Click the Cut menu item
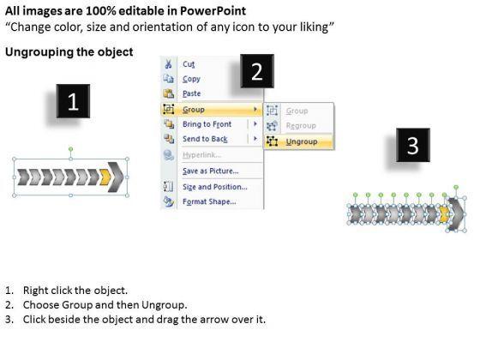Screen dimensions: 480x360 coord(189,64)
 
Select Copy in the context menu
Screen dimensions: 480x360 coord(191,79)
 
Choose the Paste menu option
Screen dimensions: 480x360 coord(192,93)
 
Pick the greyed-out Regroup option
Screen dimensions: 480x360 coord(301,125)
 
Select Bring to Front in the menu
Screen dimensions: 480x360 coord(207,124)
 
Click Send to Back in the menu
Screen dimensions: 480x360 coord(205,139)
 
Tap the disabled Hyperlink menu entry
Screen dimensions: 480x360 coord(201,154)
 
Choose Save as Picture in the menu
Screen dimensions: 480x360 coord(211,171)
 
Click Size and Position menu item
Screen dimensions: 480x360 coord(215,187)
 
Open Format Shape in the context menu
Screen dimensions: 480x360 coord(209,201)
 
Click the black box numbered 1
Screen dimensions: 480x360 coord(73,101)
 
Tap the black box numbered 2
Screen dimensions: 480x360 coord(257,71)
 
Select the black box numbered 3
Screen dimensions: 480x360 coord(413,145)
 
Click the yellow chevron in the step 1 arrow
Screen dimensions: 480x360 coord(105,177)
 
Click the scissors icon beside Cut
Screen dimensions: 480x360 coord(168,64)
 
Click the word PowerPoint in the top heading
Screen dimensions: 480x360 coord(213,11)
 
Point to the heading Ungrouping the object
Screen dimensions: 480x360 coord(69,51)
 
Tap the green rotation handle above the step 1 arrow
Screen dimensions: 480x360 coord(70,149)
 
